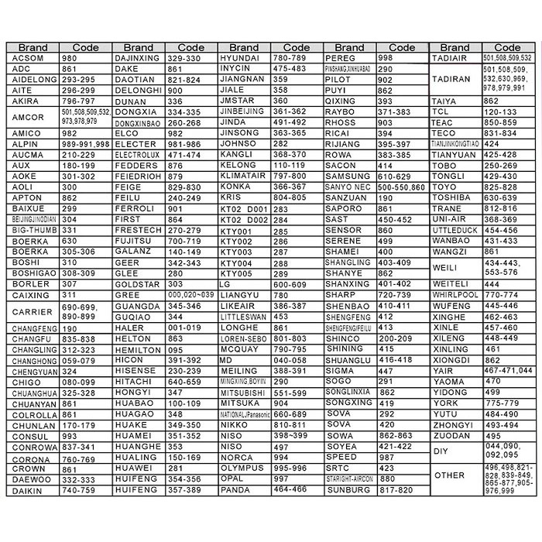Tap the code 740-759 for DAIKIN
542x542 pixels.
[79, 490]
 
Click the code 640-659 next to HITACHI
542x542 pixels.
[184, 382]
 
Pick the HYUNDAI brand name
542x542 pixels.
[240, 59]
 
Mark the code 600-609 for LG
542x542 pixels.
[291, 285]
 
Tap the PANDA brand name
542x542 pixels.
[235, 490]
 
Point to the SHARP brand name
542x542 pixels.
[341, 296]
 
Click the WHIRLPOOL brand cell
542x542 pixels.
[455, 296]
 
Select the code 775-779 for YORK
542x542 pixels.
[501, 403]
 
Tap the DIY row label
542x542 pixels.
[442, 451]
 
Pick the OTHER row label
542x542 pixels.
[450, 475]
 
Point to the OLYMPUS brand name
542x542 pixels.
[241, 468]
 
